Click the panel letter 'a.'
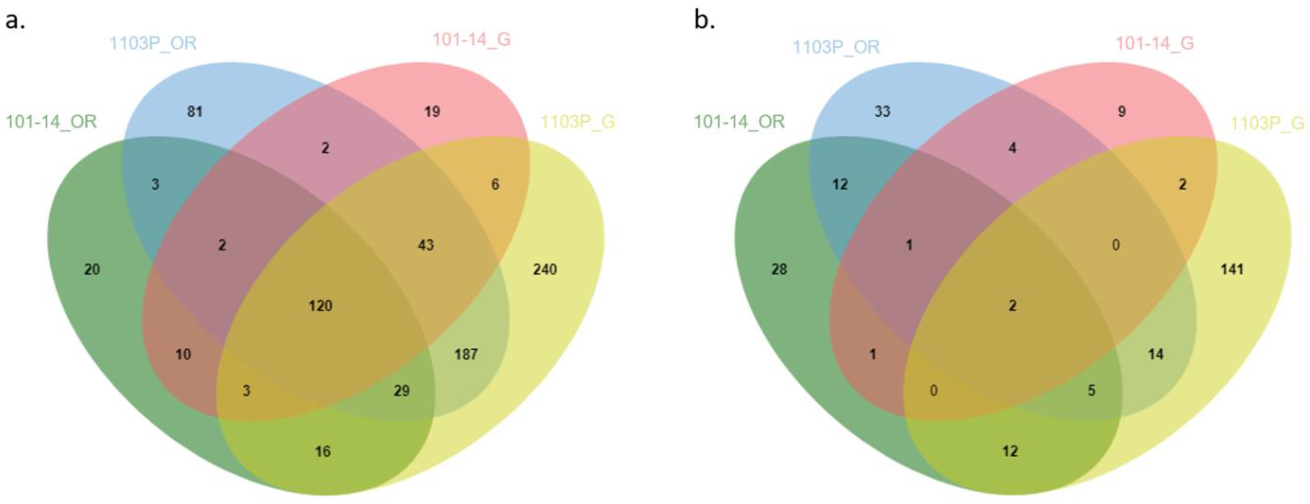[x=15, y=21]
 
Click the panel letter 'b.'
[x=705, y=21]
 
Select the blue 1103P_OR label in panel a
[x=153, y=43]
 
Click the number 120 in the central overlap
[x=320, y=306]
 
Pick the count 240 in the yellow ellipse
[x=545, y=269]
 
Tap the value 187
[x=466, y=354]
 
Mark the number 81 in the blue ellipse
[x=195, y=111]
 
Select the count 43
[x=426, y=245]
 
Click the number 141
[x=1232, y=269]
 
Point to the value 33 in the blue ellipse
[x=882, y=111]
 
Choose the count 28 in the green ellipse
[x=779, y=269]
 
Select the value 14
[x=1155, y=354]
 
